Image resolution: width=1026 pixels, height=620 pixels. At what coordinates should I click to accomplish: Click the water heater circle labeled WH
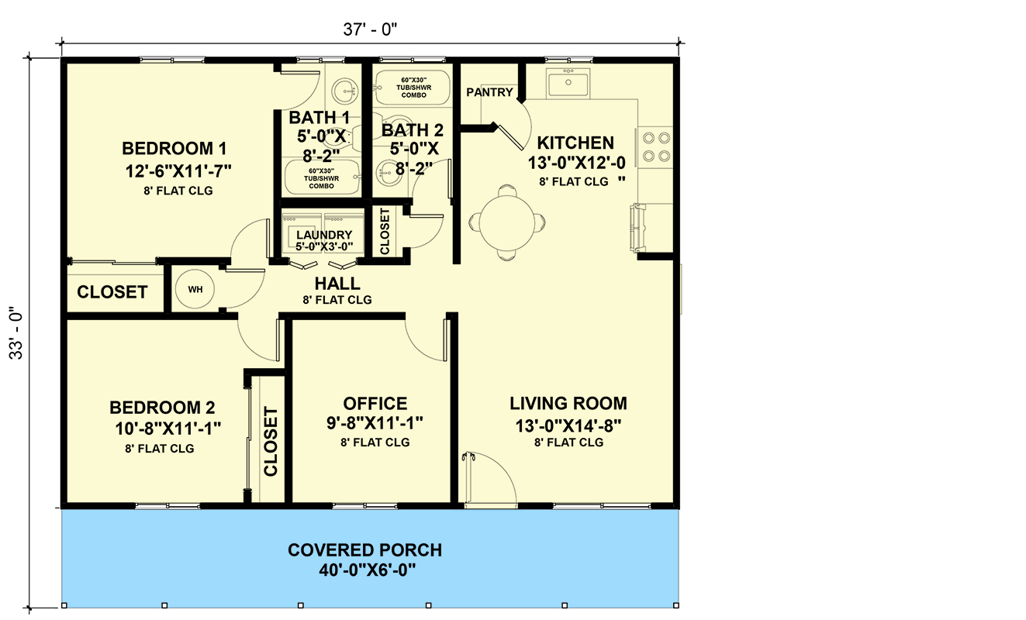tap(195, 289)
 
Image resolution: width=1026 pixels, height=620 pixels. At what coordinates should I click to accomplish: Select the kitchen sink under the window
tap(568, 82)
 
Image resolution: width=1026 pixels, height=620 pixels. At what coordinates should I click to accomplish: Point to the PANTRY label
tap(489, 92)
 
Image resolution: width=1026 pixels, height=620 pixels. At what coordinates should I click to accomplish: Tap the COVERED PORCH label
tap(364, 550)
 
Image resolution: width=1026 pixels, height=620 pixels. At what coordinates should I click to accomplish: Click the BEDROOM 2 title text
tap(162, 408)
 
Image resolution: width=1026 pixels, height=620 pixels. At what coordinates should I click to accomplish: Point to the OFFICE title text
tap(375, 404)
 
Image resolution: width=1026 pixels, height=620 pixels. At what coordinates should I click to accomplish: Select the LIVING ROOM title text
tap(568, 404)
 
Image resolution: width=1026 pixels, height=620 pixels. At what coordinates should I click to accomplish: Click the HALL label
tap(337, 284)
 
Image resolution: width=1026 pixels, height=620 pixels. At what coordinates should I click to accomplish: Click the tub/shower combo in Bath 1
tap(321, 177)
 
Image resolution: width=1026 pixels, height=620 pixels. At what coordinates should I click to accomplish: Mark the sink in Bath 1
tap(342, 92)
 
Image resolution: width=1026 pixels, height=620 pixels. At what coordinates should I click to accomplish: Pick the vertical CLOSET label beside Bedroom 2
tap(271, 441)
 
